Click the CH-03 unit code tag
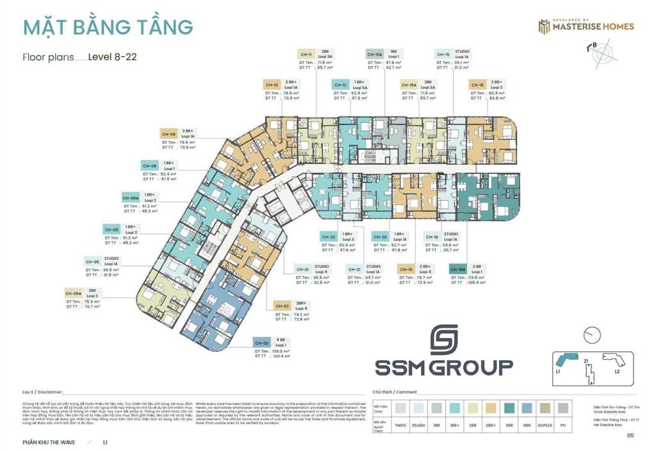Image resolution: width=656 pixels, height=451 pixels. [x=261, y=342]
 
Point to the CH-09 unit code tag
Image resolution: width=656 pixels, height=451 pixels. [x=168, y=134]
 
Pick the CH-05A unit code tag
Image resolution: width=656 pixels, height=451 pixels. [x=74, y=293]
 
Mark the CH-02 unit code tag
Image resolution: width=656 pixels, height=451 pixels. [x=282, y=306]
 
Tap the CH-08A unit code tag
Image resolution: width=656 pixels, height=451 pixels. [x=130, y=198]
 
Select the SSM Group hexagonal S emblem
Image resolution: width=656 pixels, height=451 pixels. [x=444, y=339]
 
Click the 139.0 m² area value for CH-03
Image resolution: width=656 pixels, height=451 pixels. [x=283, y=351]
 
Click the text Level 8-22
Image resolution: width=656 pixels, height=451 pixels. [x=112, y=56]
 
